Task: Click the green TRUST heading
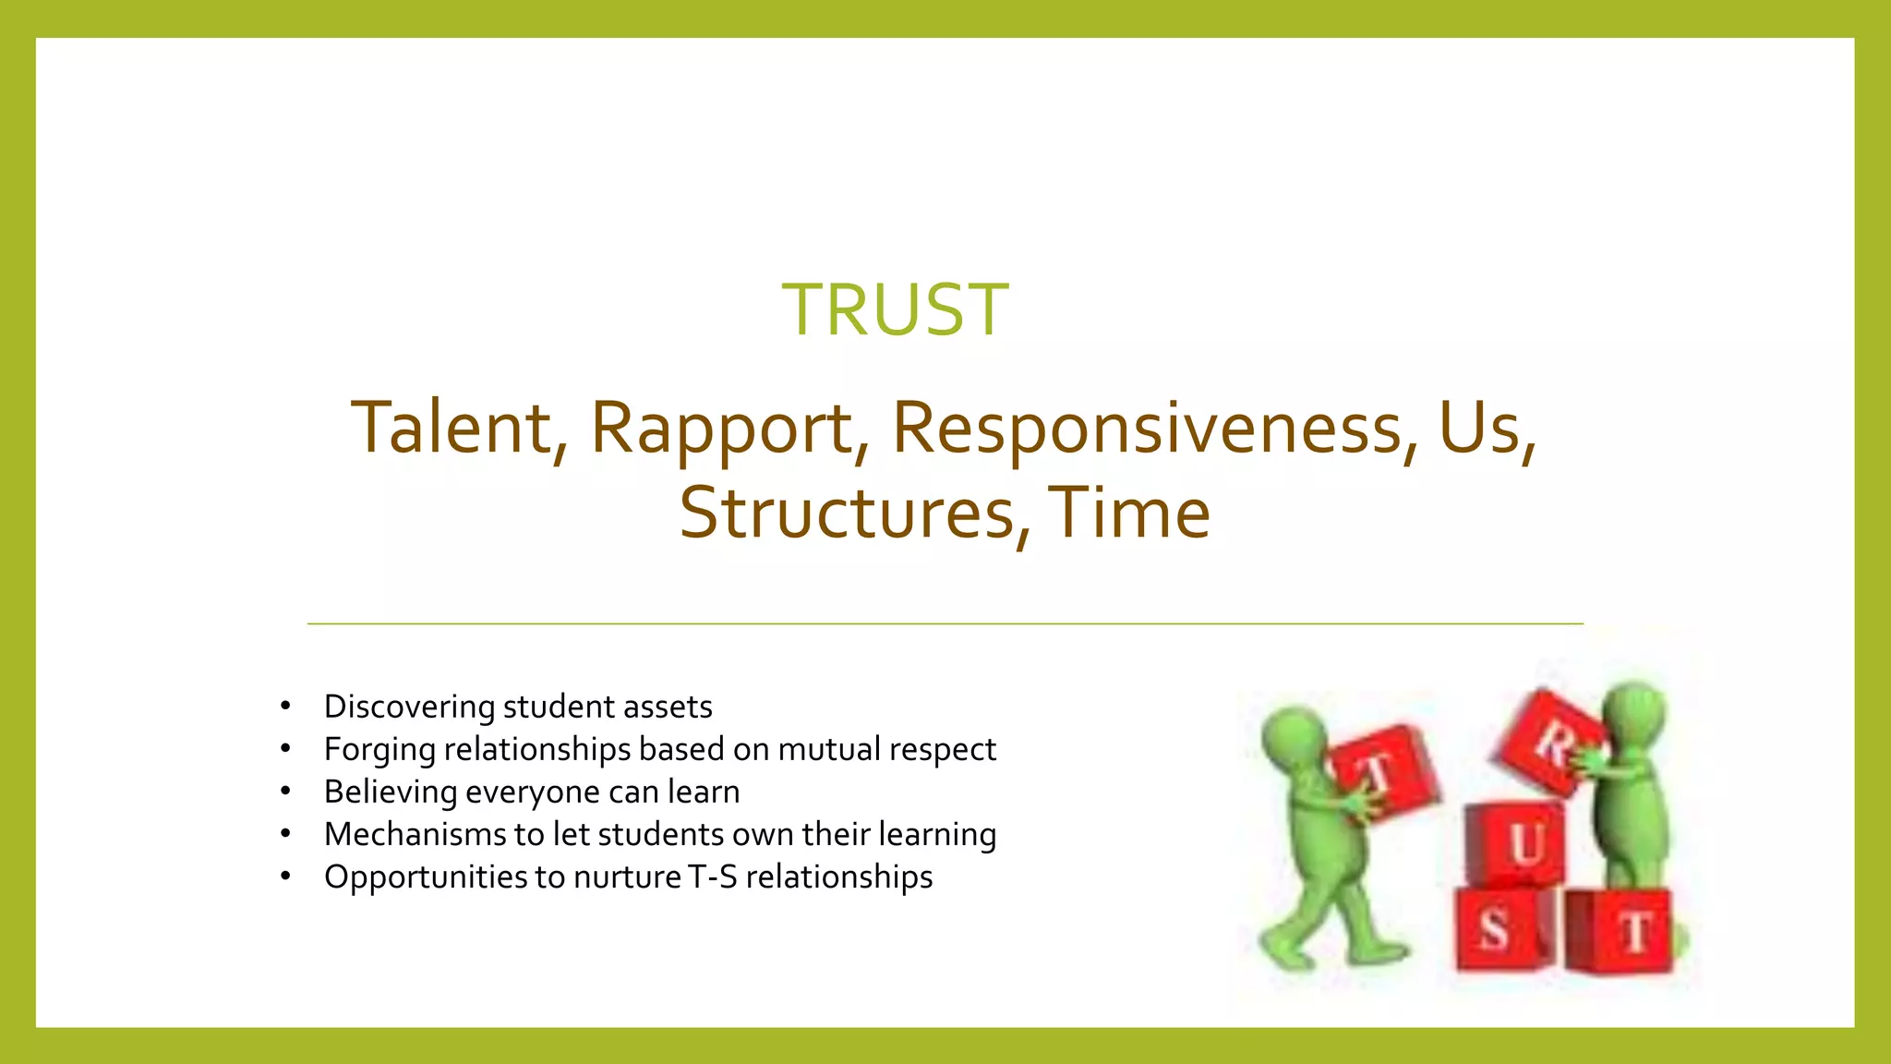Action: [x=895, y=309]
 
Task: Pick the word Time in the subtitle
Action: [x=1128, y=514]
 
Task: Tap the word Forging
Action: [x=379, y=750]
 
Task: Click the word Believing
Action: [x=391, y=792]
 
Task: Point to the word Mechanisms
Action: [x=415, y=835]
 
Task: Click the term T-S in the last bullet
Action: [x=712, y=877]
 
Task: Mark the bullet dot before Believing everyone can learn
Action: [x=286, y=792]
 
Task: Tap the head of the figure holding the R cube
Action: [x=1635, y=712]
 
